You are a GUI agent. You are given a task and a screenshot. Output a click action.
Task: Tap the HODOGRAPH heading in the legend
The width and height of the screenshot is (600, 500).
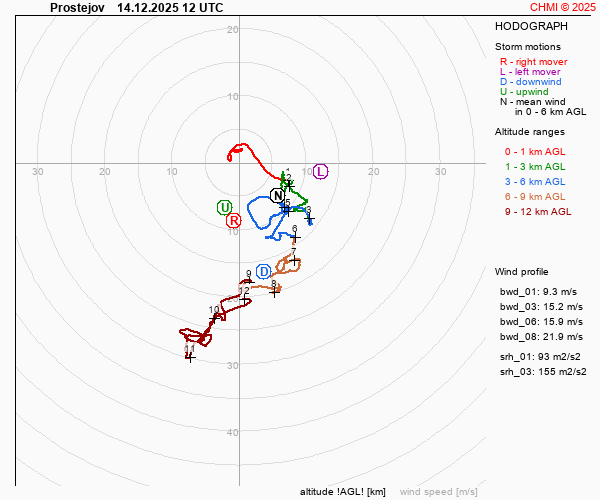tap(531, 26)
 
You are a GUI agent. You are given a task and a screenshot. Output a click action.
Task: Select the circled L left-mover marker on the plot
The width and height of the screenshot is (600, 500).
tap(320, 171)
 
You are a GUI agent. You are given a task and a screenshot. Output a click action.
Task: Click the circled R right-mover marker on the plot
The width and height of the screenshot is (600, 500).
tap(233, 220)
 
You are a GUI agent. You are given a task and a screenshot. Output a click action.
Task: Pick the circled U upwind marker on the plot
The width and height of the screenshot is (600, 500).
tap(224, 207)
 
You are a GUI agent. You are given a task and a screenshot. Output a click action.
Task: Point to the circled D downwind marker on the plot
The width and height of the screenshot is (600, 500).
tap(264, 271)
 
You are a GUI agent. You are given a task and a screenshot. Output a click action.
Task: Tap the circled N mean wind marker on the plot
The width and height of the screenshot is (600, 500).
tap(278, 195)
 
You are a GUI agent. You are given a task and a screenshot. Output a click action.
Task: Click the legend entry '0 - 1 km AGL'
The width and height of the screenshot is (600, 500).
tap(535, 151)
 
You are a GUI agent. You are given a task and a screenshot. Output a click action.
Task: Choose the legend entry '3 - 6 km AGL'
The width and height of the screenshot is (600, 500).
tap(535, 181)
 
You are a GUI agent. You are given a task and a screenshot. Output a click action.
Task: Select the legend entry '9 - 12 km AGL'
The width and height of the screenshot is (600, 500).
tap(538, 211)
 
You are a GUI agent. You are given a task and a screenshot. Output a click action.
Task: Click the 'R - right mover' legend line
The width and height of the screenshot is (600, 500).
tap(533, 62)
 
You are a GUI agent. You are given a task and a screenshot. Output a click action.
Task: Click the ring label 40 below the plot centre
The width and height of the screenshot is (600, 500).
tap(232, 432)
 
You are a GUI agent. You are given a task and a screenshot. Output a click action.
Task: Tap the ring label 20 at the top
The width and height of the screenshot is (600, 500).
tap(232, 29)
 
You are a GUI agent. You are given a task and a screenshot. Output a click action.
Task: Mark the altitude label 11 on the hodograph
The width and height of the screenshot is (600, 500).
tap(189, 349)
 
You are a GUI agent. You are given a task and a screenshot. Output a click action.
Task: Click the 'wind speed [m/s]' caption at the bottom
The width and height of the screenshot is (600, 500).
tap(438, 492)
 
